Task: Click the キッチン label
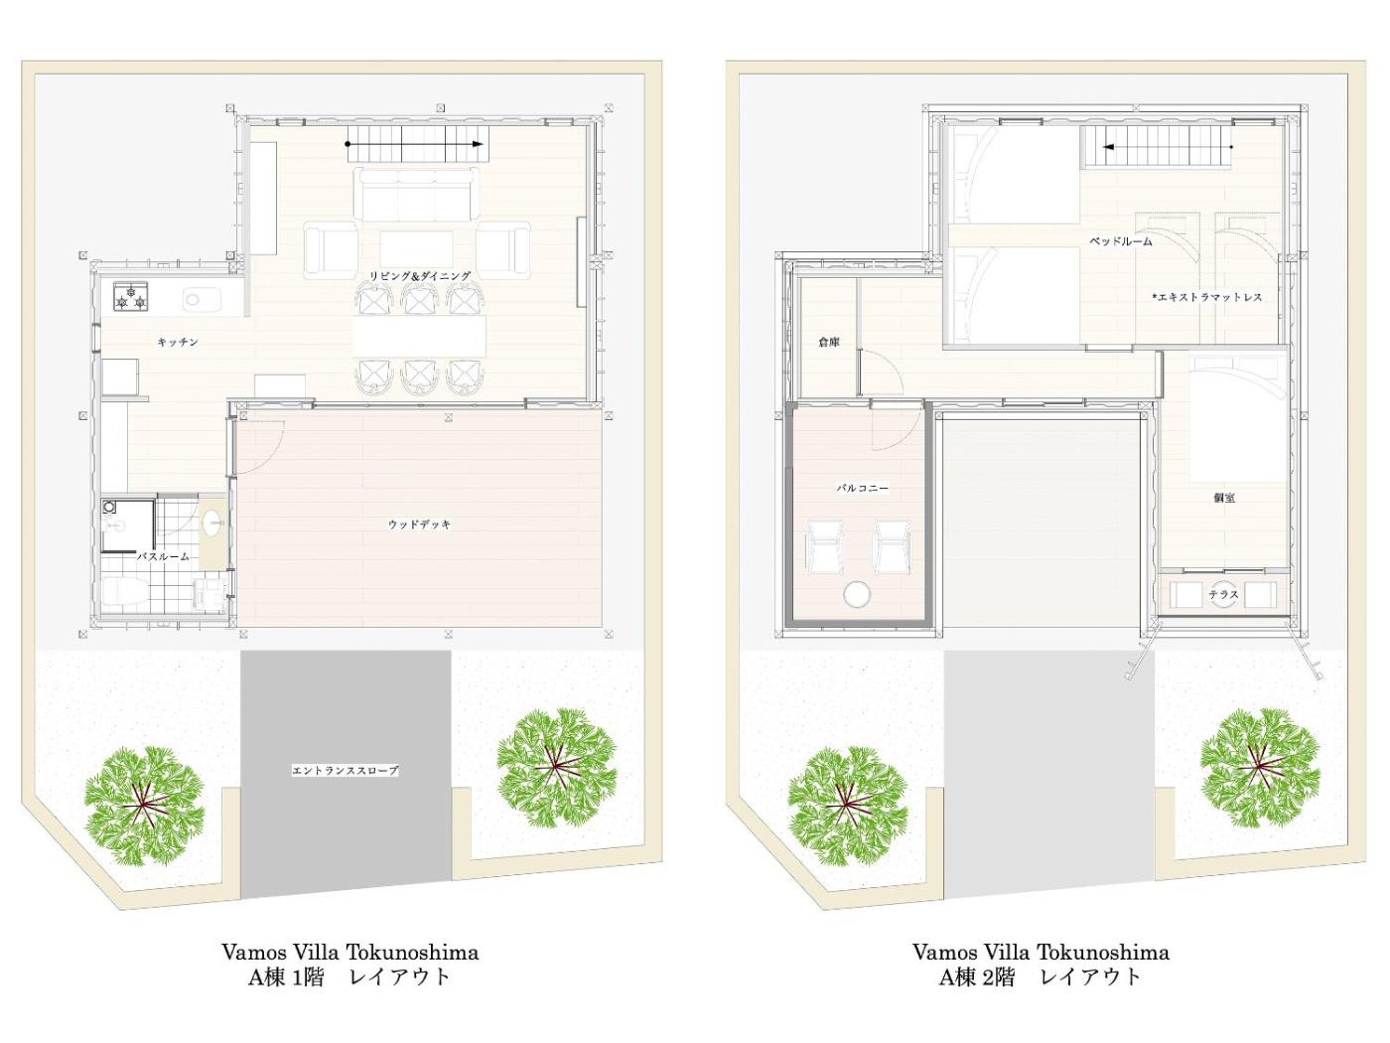tap(178, 343)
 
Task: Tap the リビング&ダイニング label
tap(421, 276)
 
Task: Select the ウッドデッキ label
tap(420, 524)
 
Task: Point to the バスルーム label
tap(164, 557)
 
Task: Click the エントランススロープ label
tap(346, 771)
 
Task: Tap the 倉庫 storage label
tap(828, 343)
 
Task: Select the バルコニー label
tap(863, 489)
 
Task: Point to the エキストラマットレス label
tap(1207, 297)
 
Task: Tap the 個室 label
tap(1224, 498)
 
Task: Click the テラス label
tap(1223, 595)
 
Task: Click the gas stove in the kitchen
tap(131, 296)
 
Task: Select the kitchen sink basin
tap(202, 298)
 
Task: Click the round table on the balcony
tap(858, 595)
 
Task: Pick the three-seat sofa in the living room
tap(417, 195)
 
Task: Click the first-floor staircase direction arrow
tap(415, 144)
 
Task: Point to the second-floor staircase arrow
tap(1168, 148)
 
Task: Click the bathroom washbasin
tap(212, 523)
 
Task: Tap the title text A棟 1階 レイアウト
tap(349, 977)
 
